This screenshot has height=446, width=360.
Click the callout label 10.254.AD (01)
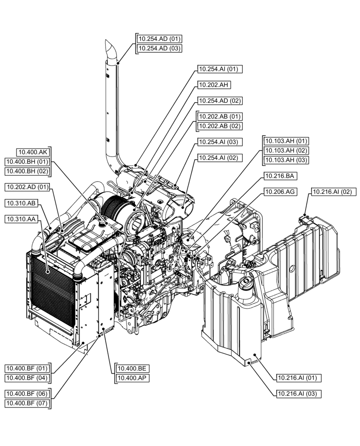(x=159, y=39)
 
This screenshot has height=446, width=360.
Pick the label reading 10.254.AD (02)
(x=220, y=101)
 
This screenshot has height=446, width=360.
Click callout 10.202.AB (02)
(x=220, y=126)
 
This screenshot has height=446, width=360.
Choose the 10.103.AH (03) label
(x=286, y=160)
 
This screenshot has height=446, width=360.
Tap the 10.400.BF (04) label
(x=27, y=378)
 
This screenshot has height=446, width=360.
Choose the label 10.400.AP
(x=133, y=378)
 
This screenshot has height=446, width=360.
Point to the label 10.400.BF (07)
(x=27, y=404)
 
